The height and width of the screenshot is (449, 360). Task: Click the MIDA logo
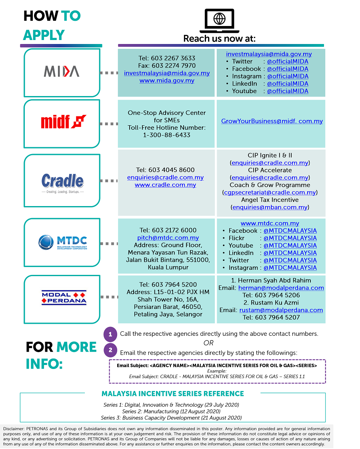click(62, 71)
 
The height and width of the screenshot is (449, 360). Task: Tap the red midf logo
click(64, 121)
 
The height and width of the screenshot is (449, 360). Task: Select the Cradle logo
click(63, 183)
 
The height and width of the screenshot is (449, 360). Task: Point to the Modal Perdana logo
click(64, 298)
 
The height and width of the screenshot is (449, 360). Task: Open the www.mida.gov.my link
click(167, 80)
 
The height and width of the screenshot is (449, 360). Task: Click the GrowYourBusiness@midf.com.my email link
click(272, 121)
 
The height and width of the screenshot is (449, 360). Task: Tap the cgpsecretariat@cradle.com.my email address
click(270, 192)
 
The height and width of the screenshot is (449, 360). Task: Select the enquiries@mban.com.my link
click(270, 207)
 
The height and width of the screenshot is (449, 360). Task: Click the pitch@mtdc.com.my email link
click(168, 238)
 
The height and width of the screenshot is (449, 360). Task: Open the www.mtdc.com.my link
click(270, 223)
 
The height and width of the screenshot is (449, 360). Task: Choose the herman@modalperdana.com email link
click(281, 288)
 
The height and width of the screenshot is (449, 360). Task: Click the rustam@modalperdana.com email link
click(281, 310)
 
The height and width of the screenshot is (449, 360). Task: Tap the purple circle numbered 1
click(110, 334)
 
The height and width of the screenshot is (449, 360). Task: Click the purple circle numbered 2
click(110, 350)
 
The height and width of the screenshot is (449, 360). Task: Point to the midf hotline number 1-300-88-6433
click(166, 135)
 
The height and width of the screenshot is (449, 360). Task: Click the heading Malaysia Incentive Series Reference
click(173, 394)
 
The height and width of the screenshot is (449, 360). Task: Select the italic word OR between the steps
click(208, 343)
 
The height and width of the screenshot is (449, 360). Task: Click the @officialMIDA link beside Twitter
click(288, 61)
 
